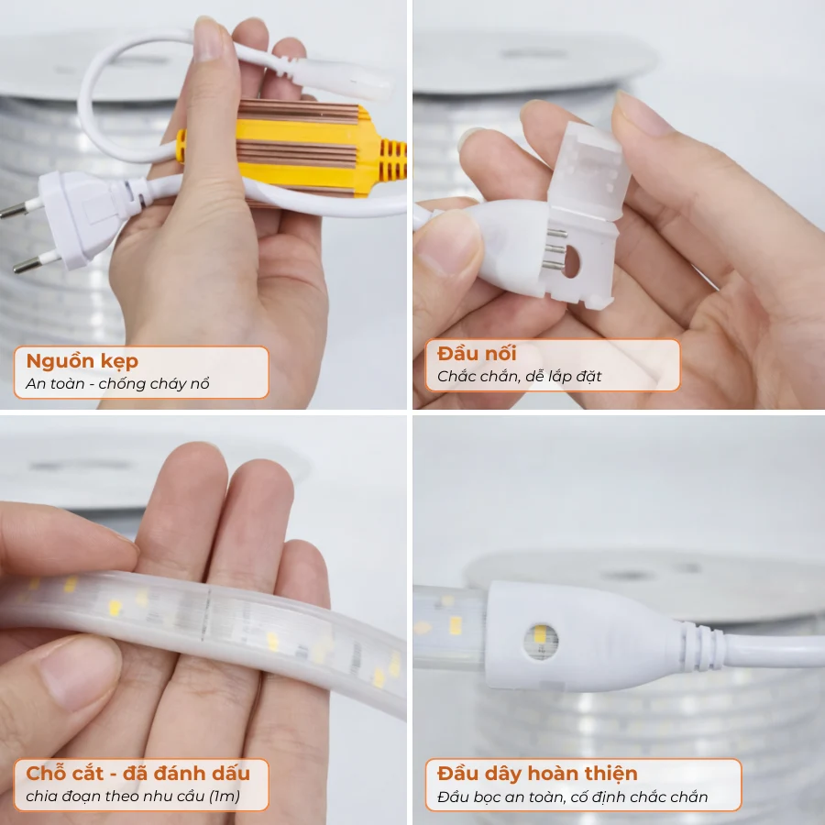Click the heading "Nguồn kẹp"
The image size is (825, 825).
(82, 361)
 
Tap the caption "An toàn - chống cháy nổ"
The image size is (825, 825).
(117, 384)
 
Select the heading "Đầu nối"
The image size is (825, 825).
(477, 354)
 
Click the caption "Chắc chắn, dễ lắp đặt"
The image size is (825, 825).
(519, 376)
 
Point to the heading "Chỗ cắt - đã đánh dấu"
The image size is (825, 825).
(137, 773)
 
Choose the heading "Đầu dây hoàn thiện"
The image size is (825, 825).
(537, 773)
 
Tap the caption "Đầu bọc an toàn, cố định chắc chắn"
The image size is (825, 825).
(573, 797)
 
